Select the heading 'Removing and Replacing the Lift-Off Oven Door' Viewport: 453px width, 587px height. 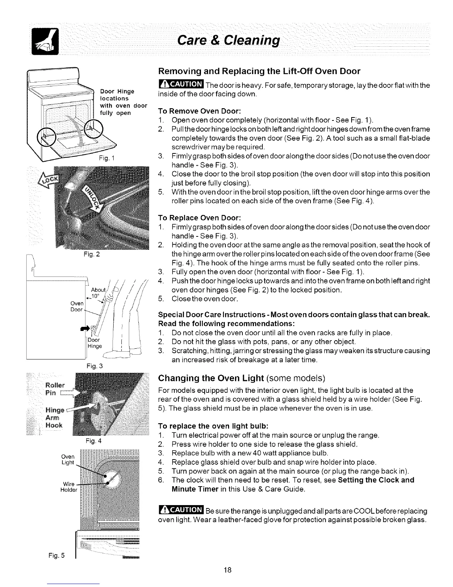(259, 71)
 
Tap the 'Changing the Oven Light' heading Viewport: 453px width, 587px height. (241, 378)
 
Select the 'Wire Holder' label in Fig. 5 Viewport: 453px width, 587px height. (69, 487)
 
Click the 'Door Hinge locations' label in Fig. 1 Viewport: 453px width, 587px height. (117, 95)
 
